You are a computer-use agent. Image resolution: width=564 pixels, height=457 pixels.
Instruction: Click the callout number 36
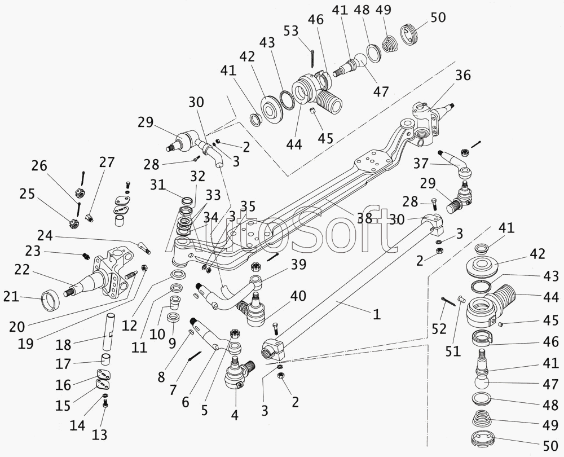462,76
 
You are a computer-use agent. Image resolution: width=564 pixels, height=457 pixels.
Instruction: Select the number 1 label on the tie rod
376,314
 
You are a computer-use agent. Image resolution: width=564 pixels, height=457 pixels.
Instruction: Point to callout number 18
64,345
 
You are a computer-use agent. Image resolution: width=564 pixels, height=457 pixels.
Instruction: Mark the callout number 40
298,296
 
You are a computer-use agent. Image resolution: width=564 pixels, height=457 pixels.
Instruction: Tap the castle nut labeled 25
73,221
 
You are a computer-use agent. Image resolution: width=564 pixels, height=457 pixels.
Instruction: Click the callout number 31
158,184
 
